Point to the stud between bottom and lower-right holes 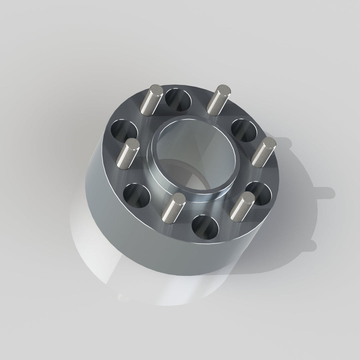pyautogui.click(x=242, y=207)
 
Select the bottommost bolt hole pyautogui.click(x=205, y=227)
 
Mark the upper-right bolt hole pyautogui.click(x=244, y=130)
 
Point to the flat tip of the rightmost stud pyautogui.click(x=269, y=144)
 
